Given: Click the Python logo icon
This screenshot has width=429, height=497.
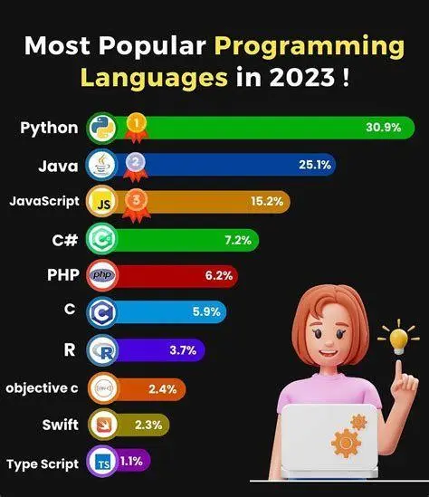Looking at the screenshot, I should click(101, 128).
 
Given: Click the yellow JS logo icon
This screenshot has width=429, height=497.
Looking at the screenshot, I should click(101, 203).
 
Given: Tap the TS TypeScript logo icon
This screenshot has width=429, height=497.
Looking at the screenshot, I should click(101, 463).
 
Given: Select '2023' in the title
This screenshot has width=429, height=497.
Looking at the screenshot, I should click(300, 77).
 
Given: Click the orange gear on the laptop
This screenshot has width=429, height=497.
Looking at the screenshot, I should click(344, 444).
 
